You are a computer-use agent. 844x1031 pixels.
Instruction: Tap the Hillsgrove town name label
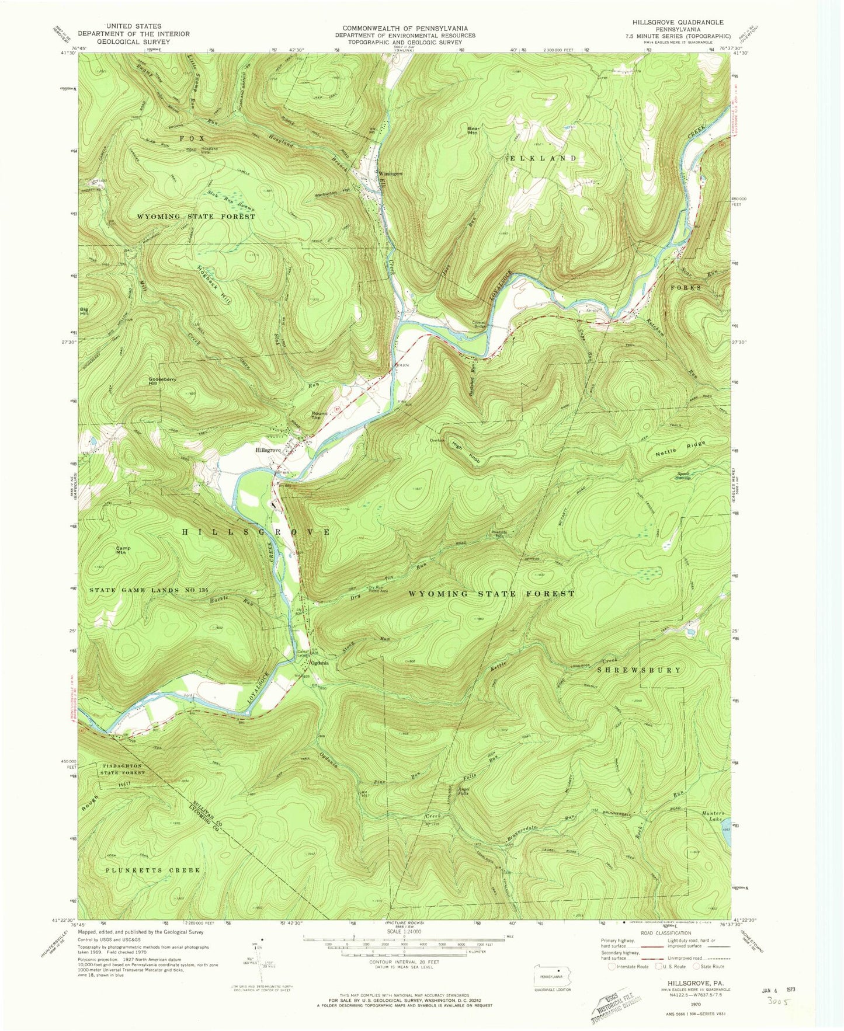click(268, 450)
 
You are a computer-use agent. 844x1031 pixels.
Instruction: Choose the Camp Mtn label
click(123, 550)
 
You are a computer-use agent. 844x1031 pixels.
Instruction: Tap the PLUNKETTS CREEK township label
click(153, 870)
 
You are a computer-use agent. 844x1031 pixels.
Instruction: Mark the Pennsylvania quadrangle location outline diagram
click(552, 976)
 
